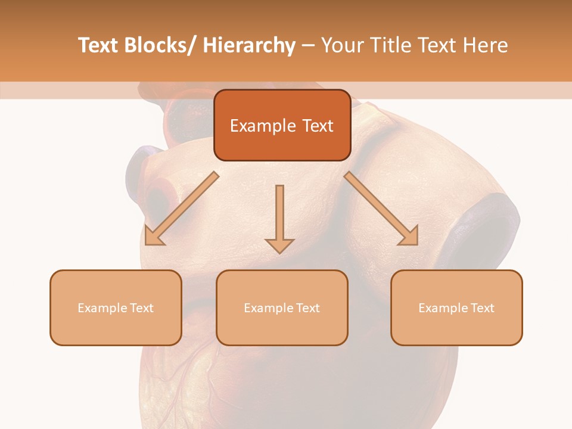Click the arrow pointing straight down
coord(279,217)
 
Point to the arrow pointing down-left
coord(182,209)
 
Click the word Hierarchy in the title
coord(249,45)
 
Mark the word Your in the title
coord(342,45)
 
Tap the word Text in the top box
coord(317,126)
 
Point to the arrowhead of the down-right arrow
coord(409,237)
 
